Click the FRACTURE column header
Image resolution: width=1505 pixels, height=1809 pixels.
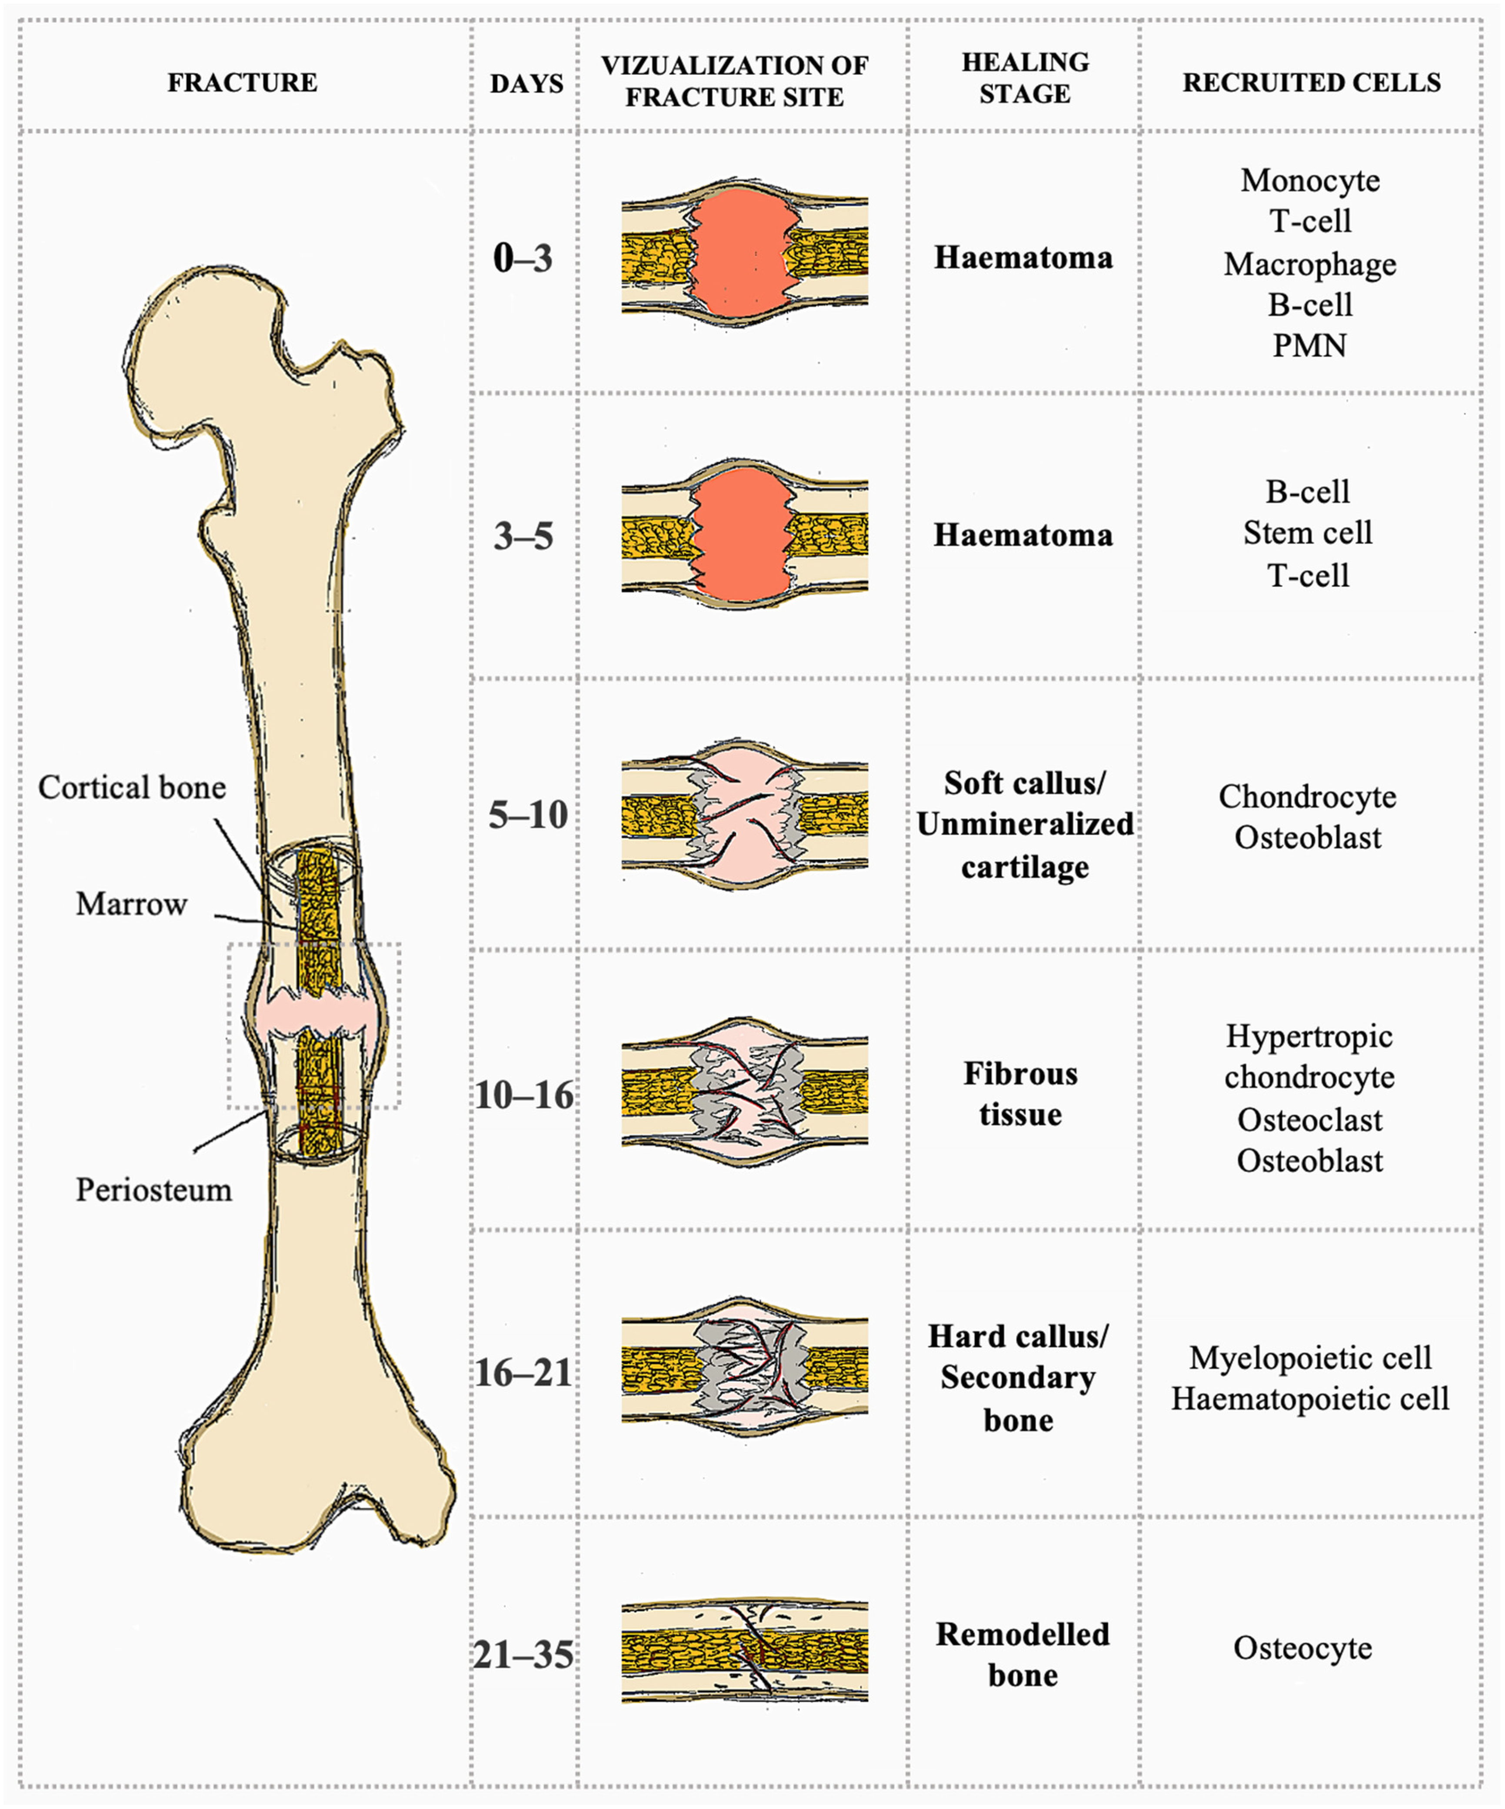(242, 83)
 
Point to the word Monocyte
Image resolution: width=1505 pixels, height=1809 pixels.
(1309, 181)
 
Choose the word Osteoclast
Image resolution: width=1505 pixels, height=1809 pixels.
(1309, 1120)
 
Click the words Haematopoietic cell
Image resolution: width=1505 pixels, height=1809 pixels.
(1309, 1399)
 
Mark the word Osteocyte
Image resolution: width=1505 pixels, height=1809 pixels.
(1302, 1648)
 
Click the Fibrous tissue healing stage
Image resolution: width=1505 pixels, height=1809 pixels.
(1021, 1094)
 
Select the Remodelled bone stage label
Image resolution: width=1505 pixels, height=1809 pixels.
(1022, 1655)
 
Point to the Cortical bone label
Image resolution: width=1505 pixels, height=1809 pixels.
(132, 787)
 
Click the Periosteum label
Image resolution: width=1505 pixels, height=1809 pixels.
(153, 1190)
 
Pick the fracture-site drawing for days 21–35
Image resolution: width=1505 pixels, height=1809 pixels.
(744, 1652)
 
